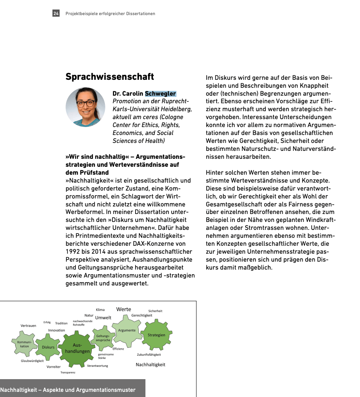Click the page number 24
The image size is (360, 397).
[56, 13]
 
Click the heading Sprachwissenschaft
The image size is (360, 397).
[110, 76]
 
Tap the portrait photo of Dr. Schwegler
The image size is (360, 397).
[85, 107]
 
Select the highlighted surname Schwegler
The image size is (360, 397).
[160, 94]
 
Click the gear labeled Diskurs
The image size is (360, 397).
[48, 347]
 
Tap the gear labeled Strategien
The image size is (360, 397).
[156, 335]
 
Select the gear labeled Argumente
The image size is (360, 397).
[127, 330]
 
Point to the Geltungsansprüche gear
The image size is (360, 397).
[103, 338]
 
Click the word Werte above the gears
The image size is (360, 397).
[124, 309]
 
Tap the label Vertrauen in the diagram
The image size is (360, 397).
[28, 326]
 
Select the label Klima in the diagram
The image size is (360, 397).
[100, 310]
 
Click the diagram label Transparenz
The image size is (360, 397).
[68, 372]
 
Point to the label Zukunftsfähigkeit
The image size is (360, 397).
[149, 355]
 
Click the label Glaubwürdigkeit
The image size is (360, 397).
[32, 361]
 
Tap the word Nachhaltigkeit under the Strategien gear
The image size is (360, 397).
[150, 364]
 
